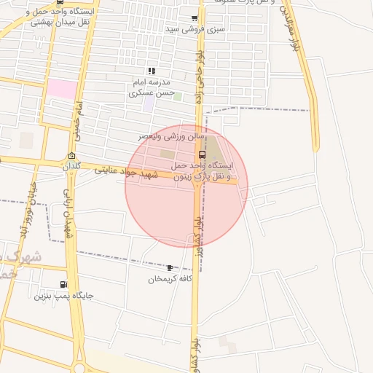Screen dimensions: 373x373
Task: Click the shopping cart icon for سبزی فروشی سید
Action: [194, 19]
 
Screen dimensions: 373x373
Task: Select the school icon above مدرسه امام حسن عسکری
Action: [152, 71]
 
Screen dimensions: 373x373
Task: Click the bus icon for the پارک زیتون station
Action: [202, 154]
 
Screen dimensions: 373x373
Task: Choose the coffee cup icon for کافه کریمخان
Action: [170, 268]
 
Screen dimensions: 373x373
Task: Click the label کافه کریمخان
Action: [170, 280]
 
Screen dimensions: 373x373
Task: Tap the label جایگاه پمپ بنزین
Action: [64, 296]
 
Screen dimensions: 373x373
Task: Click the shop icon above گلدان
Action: [71, 156]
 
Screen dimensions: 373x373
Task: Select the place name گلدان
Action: [70, 167]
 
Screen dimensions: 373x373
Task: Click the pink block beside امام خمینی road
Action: [62, 90]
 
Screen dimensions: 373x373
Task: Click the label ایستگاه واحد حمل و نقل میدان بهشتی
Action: [61, 17]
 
